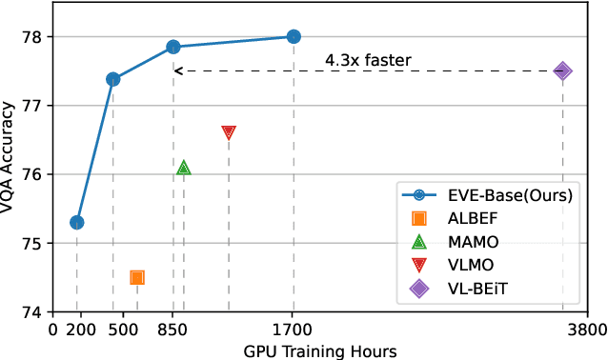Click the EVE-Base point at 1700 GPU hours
coord(294,37)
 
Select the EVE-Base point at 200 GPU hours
coord(77,223)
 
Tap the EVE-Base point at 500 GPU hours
coord(113,79)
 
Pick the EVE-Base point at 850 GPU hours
coord(173,47)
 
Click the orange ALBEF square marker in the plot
coord(137,277)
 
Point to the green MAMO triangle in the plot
coord(184,168)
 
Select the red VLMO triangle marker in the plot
coord(229,132)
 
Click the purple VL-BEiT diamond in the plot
coord(562,70)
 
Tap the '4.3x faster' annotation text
coord(369,61)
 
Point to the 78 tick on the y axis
coord(43,37)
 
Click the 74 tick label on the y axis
coord(43,312)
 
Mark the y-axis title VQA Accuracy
coord(12,174)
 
